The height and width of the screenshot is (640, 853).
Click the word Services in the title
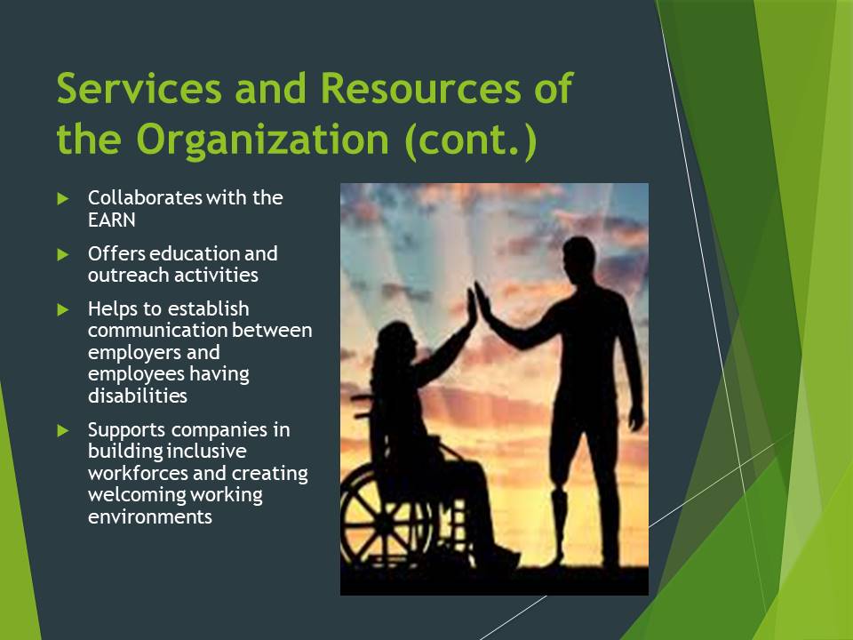tap(140, 88)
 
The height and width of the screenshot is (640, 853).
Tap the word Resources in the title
tap(420, 88)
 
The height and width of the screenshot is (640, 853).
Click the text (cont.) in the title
tap(471, 140)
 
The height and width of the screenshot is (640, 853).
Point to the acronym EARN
tap(112, 220)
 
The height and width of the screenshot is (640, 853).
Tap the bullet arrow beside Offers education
tap(62, 254)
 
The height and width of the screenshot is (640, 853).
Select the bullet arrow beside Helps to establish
tap(62, 309)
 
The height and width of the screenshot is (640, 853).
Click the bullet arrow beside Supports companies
tap(62, 430)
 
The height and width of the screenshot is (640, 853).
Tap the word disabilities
tap(138, 396)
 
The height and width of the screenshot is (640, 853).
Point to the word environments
tap(150, 517)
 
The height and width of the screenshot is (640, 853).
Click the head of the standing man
tap(578, 257)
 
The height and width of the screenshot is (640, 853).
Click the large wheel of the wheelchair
tap(385, 517)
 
